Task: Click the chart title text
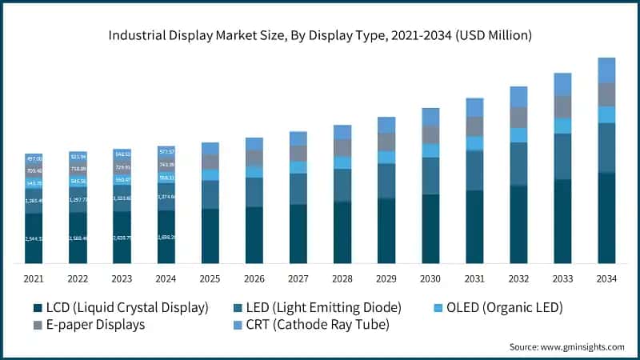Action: (320, 35)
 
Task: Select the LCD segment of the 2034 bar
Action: (606, 218)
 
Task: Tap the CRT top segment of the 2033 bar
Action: (562, 84)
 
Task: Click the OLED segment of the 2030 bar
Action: (430, 150)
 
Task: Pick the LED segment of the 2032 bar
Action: (518, 164)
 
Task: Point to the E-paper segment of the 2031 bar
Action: (474, 126)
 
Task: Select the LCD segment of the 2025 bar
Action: (210, 236)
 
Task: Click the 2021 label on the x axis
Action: (34, 279)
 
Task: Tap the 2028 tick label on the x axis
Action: (342, 279)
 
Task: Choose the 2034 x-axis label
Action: (606, 279)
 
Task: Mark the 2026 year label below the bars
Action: (254, 279)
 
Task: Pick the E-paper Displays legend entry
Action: (106, 325)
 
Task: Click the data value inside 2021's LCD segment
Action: (33, 238)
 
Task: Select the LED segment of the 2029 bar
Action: (386, 181)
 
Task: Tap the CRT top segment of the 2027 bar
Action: (298, 138)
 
